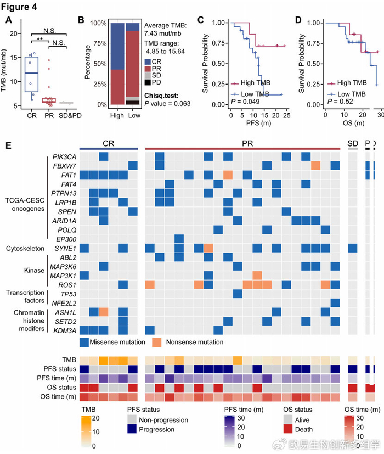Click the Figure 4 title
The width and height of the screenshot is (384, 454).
coord(21,7)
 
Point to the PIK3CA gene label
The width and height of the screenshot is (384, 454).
coord(64,156)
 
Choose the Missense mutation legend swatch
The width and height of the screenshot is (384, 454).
coord(84,342)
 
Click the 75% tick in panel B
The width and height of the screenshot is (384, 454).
coord(99,43)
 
